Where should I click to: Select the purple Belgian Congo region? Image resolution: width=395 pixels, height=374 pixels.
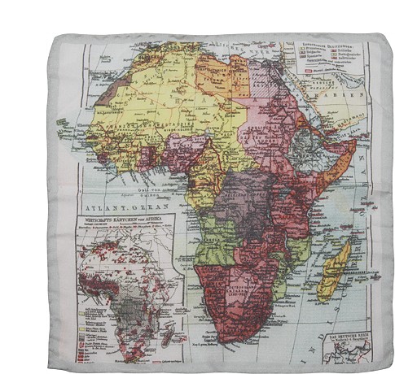click(244, 199)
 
